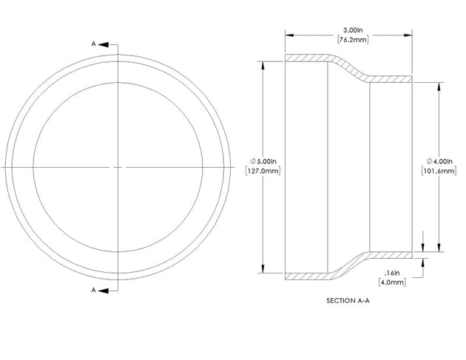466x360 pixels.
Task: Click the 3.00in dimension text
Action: tap(353, 30)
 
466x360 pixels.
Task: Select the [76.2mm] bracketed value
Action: tap(353, 39)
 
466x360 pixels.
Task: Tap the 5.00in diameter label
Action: tap(266, 161)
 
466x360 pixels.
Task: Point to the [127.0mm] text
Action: tap(263, 171)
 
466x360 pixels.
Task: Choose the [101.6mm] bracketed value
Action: tap(439, 171)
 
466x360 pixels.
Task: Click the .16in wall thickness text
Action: tap(392, 273)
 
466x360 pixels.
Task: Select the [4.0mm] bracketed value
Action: tap(392, 282)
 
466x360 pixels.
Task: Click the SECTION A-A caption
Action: tap(348, 301)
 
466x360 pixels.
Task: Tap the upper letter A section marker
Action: tap(93, 44)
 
